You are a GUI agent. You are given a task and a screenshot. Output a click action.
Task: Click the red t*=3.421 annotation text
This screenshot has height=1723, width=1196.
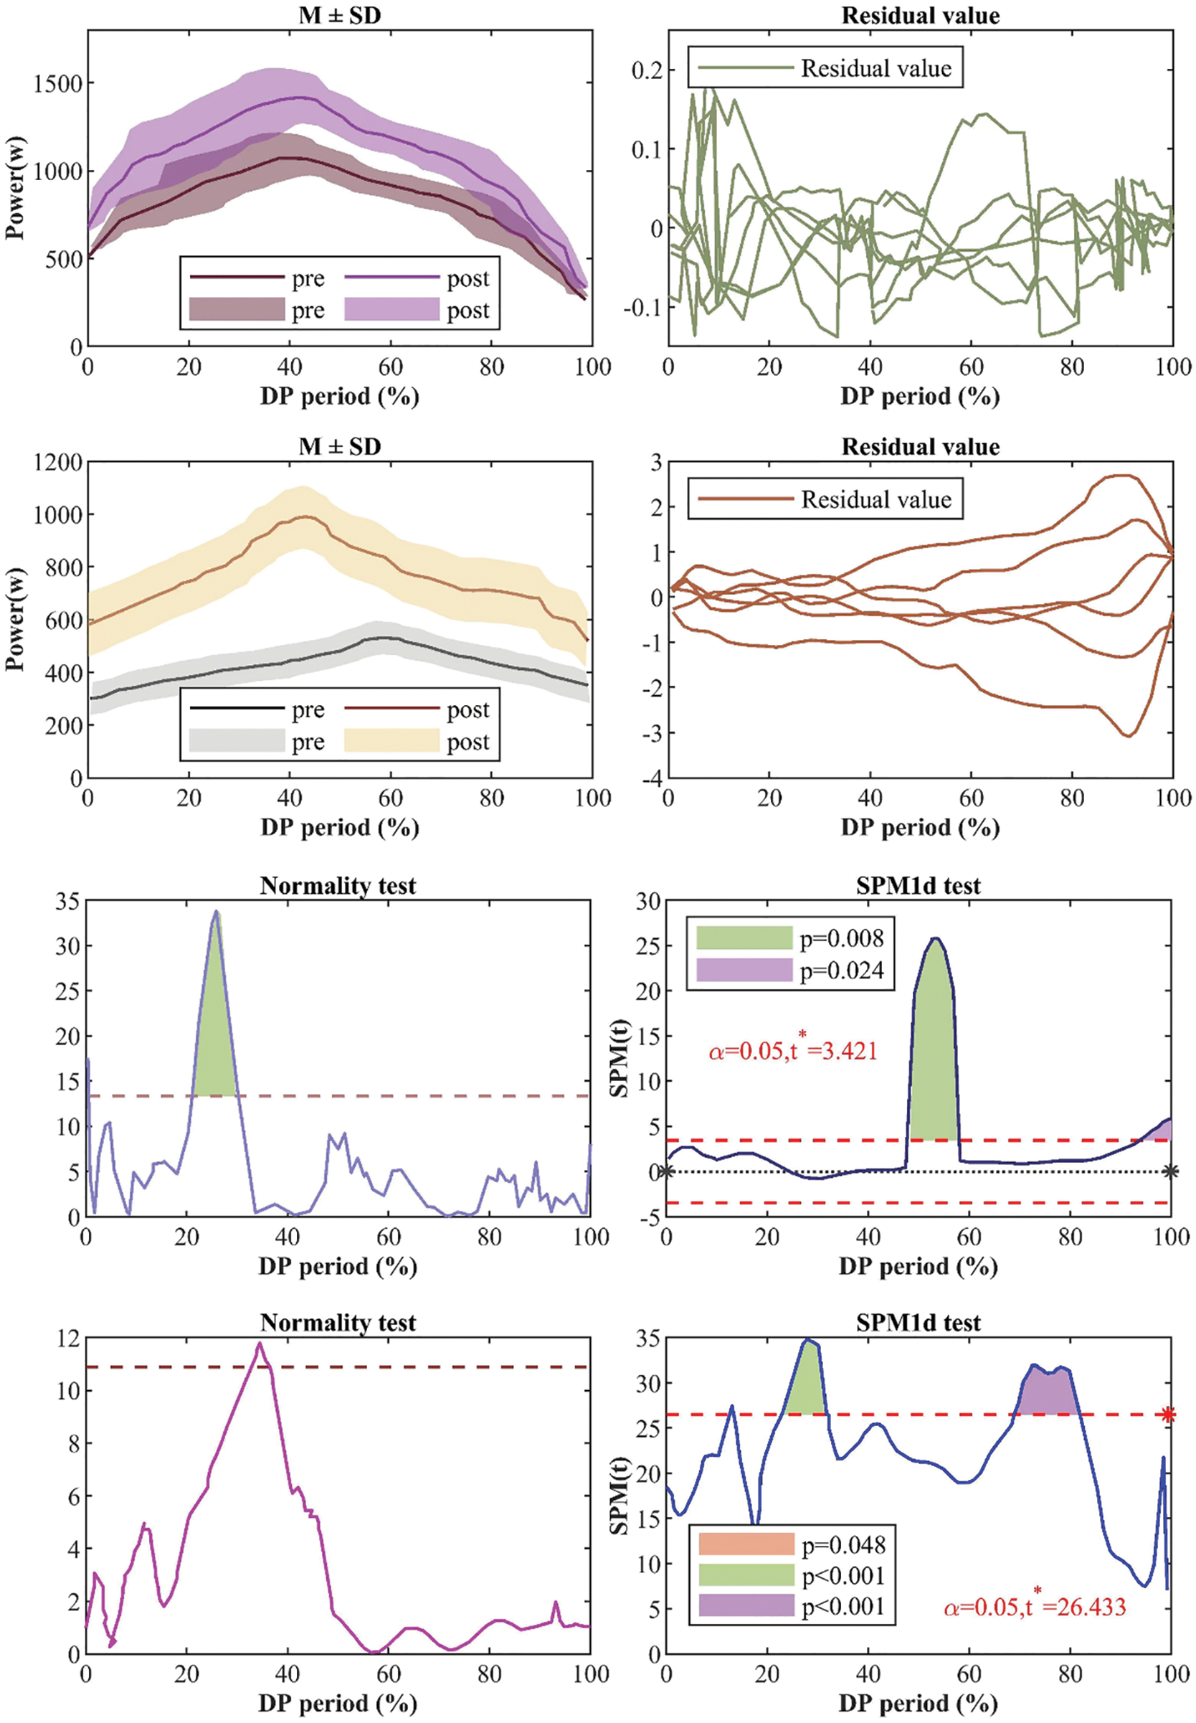(x=793, y=1051)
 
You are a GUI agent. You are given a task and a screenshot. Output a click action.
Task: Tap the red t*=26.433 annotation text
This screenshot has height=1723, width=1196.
(x=1035, y=1606)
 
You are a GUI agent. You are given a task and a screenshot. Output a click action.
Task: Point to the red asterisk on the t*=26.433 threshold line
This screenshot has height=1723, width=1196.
(x=1167, y=1415)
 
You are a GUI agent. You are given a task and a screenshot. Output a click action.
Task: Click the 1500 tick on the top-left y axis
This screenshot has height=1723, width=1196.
(x=57, y=83)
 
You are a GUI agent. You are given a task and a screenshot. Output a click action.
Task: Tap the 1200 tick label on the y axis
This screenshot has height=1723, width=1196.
(x=57, y=462)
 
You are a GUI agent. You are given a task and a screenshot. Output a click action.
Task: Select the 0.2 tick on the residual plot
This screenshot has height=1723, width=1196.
(x=647, y=70)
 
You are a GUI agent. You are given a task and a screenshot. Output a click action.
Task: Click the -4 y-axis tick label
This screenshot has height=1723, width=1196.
(x=650, y=779)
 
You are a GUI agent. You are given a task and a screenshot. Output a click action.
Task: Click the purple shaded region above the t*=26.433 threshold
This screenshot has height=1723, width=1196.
(x=1049, y=1394)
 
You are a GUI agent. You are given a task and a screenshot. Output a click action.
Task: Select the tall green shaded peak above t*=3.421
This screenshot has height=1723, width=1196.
(x=934, y=1049)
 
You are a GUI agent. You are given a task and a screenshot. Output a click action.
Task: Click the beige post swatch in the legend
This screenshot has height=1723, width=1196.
(x=391, y=741)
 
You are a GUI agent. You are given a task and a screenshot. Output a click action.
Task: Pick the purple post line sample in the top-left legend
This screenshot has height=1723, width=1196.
(x=391, y=278)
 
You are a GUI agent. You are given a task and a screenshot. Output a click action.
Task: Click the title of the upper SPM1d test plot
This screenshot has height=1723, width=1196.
(x=918, y=886)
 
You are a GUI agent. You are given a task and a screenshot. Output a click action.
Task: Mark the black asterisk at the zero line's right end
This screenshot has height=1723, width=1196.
(x=1170, y=1171)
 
